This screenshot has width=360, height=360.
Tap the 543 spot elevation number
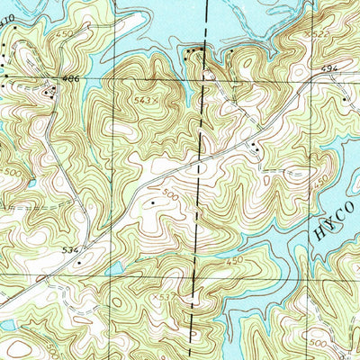click(x=144, y=99)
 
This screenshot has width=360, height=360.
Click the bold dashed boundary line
click(x=202, y=180)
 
